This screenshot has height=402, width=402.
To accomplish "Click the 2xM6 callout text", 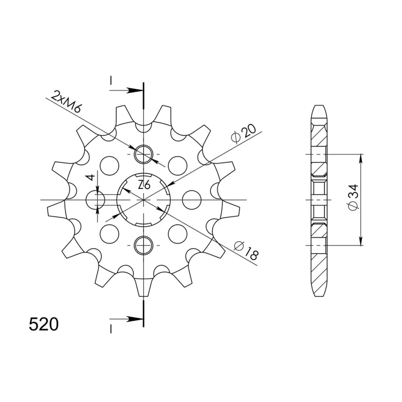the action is [66, 102].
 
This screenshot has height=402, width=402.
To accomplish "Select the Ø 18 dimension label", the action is [246, 250].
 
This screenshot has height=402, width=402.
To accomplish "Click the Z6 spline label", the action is [144, 185].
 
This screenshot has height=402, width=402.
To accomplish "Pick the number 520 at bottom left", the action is [44, 324].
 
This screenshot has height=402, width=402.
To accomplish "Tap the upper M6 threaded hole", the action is [144, 154].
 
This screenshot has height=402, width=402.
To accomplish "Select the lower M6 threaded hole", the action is [144, 245].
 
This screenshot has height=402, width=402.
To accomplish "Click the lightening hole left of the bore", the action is [95, 199].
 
